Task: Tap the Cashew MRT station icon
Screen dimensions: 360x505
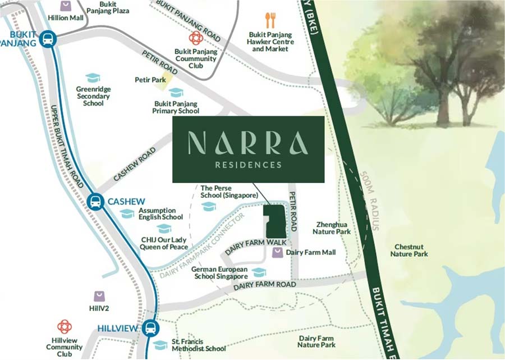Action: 95,202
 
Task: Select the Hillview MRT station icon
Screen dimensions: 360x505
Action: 150,329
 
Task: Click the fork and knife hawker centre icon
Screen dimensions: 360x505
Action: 270,21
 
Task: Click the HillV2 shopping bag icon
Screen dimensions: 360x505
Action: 99,297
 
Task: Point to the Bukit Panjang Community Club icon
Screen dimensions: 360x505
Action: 195,38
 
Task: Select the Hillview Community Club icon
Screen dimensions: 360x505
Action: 65,327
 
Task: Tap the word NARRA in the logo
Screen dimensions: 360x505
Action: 248,144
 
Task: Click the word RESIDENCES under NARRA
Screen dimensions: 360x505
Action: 248,165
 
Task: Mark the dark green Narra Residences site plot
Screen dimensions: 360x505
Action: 275,221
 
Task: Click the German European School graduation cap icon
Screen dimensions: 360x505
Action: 259,272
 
